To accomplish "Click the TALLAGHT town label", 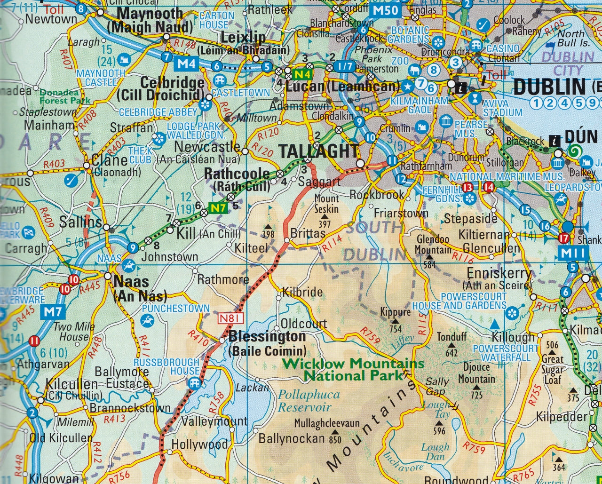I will click(x=319, y=151).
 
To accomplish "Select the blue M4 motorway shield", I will click(x=186, y=63).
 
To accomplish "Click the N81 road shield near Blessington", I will click(x=231, y=319).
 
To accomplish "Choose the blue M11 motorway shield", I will click(x=573, y=254).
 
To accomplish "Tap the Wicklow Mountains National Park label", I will click(x=354, y=370).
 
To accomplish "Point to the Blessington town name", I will click(x=267, y=337).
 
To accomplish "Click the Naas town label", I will click(x=132, y=282).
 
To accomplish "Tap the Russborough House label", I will click(x=166, y=366).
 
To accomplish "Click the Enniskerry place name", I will click(x=499, y=273).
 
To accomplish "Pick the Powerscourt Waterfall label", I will click(x=506, y=353).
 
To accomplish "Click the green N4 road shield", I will click(x=302, y=74).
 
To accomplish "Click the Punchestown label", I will click(x=175, y=309).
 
